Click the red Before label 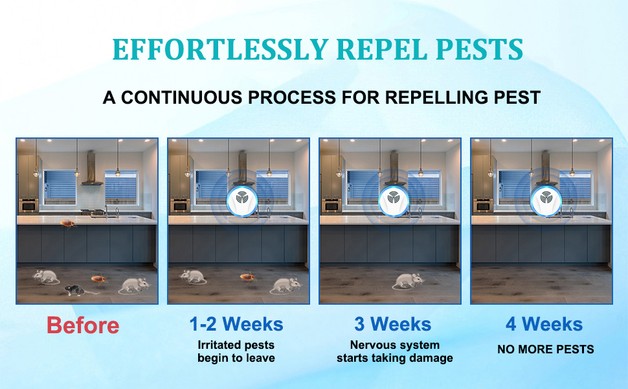point(83,325)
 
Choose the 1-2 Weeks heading point(236,324)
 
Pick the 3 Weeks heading point(392,324)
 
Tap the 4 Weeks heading point(544,324)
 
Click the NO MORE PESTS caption point(545,349)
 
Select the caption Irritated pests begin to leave point(236,351)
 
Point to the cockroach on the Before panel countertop point(68,224)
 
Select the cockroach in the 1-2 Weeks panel point(247,277)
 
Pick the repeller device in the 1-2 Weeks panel point(243,198)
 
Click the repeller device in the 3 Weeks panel point(392,198)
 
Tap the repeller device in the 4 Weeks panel point(543,198)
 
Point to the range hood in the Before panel point(91,172)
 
